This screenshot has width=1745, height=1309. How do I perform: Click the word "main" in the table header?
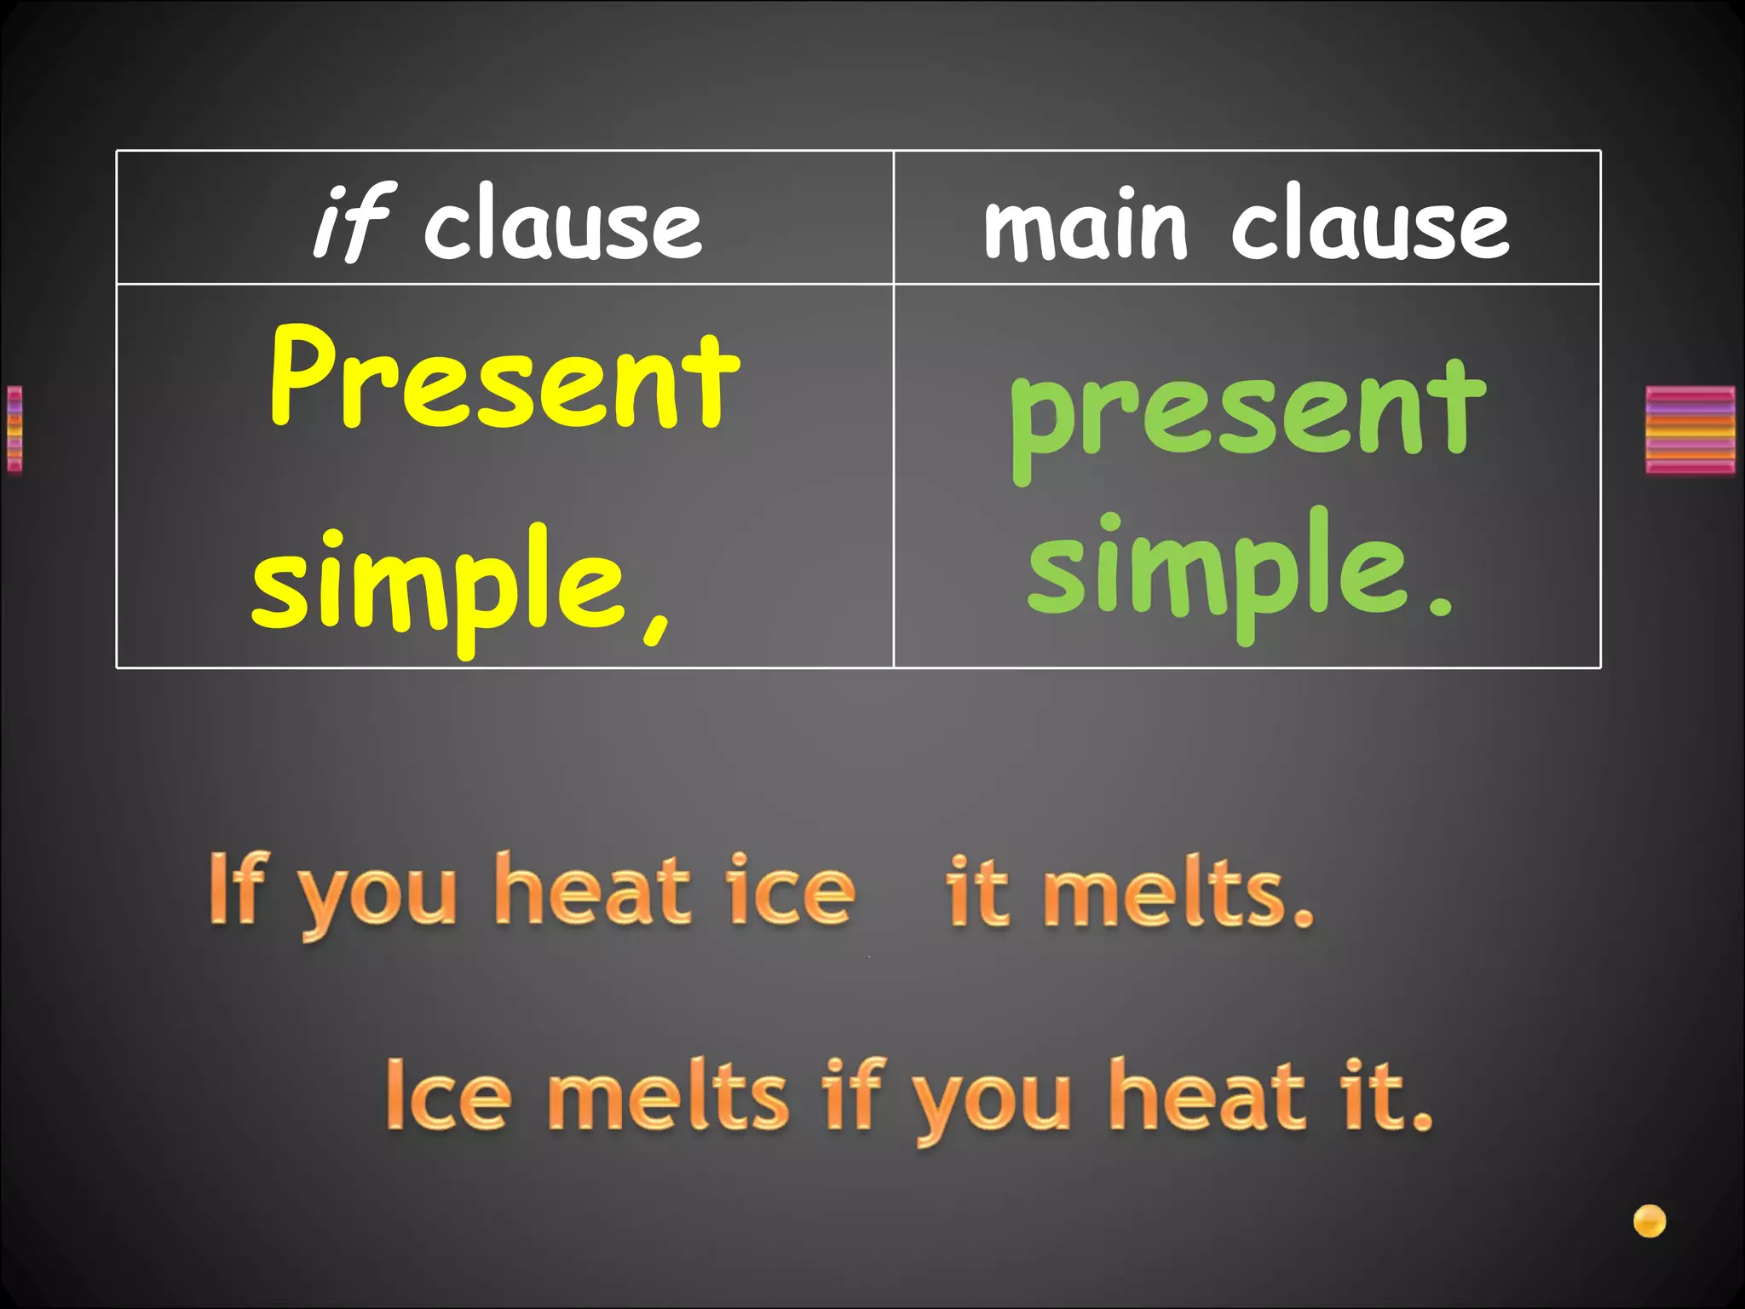click(x=1085, y=223)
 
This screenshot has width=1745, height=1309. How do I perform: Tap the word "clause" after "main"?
click(x=1370, y=223)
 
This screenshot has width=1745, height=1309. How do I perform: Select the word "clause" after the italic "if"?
click(x=563, y=223)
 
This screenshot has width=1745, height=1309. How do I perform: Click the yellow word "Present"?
click(x=504, y=379)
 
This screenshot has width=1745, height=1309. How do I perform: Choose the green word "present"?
click(x=1247, y=414)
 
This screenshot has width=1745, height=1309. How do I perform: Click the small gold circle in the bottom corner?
click(x=1649, y=1220)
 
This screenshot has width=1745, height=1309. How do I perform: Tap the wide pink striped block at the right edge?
click(x=1690, y=430)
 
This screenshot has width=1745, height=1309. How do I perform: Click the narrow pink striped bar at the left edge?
click(x=14, y=429)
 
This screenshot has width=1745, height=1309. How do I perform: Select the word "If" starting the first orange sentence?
click(x=234, y=890)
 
